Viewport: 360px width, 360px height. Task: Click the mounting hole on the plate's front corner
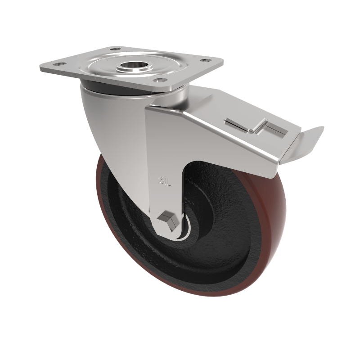pos(158,81)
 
